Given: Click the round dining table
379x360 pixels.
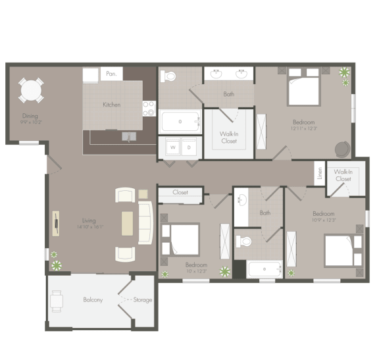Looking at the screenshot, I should (x=31, y=89).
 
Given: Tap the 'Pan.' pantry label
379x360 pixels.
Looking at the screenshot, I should (x=111, y=74).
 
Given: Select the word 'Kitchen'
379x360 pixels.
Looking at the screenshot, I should (x=111, y=105).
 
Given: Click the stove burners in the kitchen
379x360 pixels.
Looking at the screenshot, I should (x=149, y=108).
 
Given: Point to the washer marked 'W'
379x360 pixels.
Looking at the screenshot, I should (x=173, y=147).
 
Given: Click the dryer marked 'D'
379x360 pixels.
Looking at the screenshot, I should (x=189, y=147).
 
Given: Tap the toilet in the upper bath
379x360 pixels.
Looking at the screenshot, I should (x=169, y=76).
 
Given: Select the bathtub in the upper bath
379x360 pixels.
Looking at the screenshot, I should (x=180, y=122).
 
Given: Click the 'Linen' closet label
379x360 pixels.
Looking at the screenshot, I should (x=320, y=173).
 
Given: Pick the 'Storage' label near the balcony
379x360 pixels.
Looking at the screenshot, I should (x=143, y=300).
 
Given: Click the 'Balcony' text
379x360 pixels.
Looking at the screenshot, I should (x=93, y=300).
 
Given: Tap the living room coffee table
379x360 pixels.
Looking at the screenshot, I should (x=127, y=223).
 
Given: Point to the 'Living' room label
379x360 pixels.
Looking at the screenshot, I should (x=88, y=221).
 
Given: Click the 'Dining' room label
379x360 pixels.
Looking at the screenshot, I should (x=30, y=116).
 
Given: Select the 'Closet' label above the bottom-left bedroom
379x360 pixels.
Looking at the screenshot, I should (x=180, y=192).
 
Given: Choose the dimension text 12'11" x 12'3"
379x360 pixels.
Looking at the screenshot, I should (x=304, y=129).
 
